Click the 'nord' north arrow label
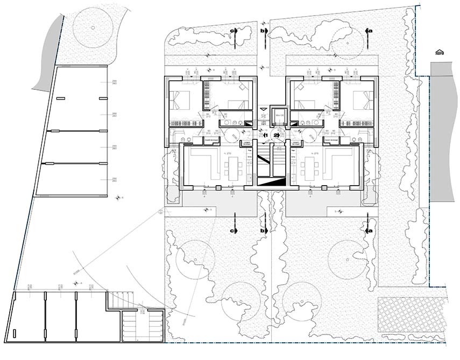(x=440, y=52)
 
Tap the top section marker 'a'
(x=369, y=31)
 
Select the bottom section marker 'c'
(x=233, y=231)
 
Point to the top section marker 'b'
(x=262, y=32)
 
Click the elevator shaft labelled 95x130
(x=279, y=115)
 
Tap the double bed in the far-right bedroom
(x=363, y=100)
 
